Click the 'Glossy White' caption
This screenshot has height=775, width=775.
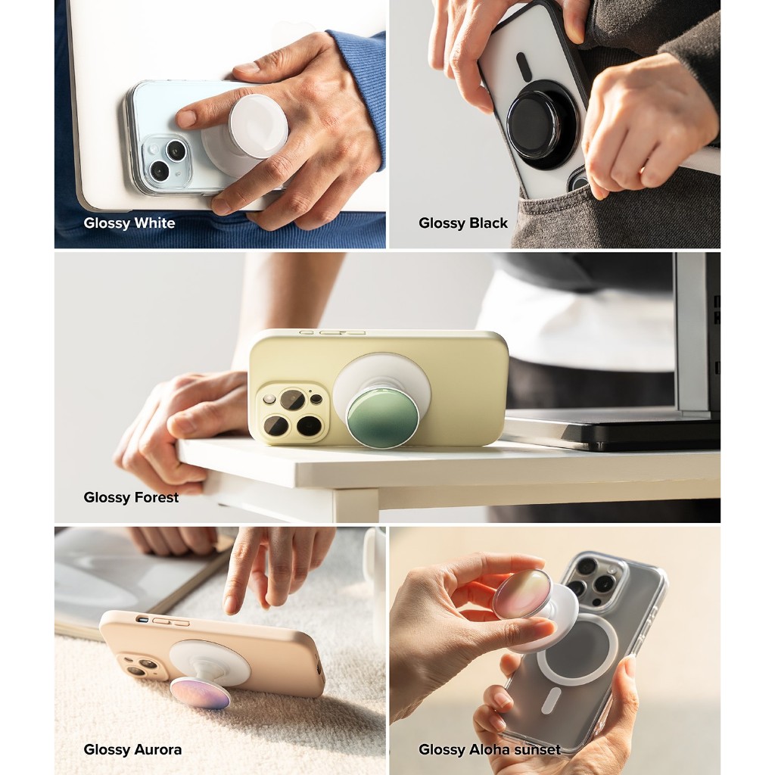[129, 223]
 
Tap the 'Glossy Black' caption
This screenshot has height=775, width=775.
[463, 223]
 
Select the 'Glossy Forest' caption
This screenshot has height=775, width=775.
[131, 497]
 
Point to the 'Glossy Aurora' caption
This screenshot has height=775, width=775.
[132, 749]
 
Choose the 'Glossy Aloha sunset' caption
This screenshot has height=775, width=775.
[490, 749]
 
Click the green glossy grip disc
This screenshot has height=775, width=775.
[376, 418]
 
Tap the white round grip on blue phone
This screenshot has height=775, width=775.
[258, 126]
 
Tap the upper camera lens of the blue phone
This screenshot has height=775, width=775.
[175, 150]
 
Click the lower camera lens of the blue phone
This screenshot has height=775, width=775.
[160, 170]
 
